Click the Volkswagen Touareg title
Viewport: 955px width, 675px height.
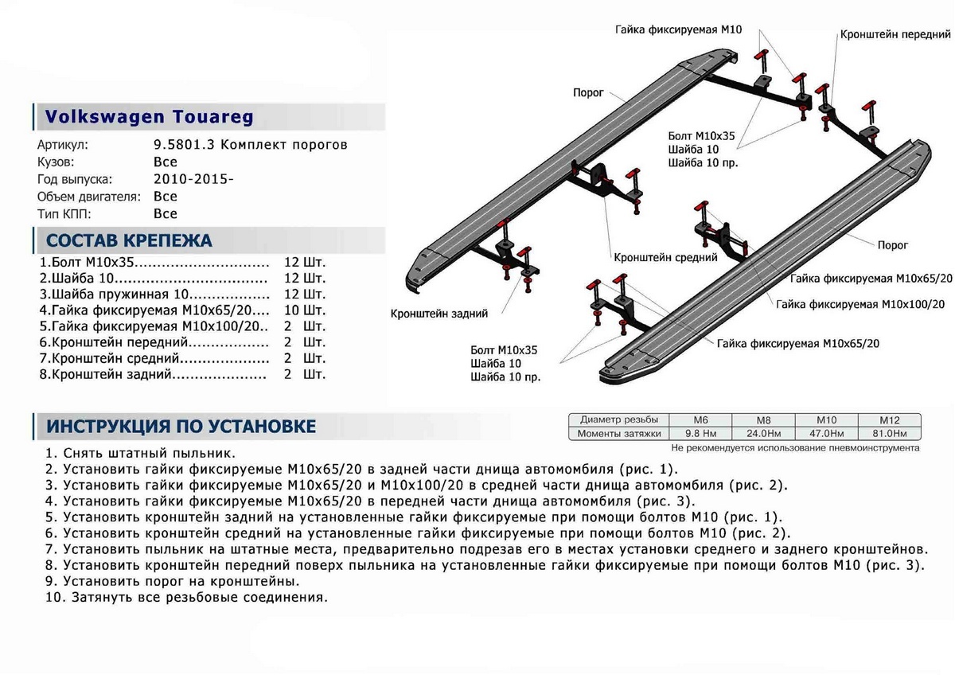[x=149, y=117]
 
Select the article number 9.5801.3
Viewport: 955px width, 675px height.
[x=182, y=145]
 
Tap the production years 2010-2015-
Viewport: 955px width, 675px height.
[x=193, y=179]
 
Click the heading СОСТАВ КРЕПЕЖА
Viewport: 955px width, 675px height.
[x=130, y=240]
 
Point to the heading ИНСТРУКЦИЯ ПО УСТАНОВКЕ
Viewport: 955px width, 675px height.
[x=181, y=427]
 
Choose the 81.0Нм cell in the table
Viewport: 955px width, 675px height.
[x=889, y=434]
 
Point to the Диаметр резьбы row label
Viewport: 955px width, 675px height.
[x=618, y=419]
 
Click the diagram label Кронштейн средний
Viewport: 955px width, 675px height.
[x=665, y=258]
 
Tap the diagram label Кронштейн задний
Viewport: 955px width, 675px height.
[x=439, y=314]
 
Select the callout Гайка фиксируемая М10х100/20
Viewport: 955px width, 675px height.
[x=860, y=304]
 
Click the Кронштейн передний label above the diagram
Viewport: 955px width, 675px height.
[x=895, y=36]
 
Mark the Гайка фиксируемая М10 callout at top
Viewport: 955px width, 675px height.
[x=679, y=29]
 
